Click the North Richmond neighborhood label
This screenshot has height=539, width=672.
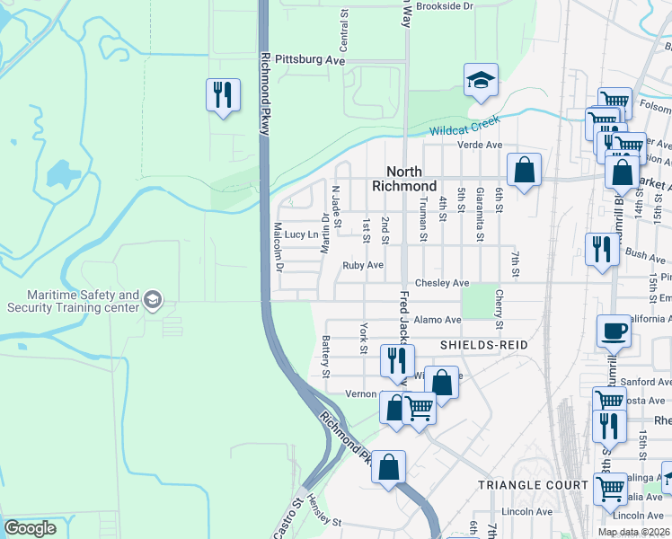click(411, 178)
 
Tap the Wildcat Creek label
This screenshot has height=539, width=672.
click(464, 130)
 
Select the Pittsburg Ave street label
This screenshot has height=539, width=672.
click(310, 59)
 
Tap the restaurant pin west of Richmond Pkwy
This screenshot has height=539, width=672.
click(222, 94)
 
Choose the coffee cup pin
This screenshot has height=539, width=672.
click(615, 331)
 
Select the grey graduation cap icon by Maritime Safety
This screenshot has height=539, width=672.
click(153, 300)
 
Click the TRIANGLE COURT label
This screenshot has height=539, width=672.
click(521, 484)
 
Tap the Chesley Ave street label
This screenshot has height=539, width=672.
click(447, 283)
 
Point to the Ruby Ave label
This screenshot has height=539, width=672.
click(363, 266)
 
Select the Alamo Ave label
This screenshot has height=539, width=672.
click(438, 319)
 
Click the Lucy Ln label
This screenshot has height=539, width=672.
click(301, 234)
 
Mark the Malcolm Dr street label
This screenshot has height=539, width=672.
click(278, 247)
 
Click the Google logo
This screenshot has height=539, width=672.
click(30, 528)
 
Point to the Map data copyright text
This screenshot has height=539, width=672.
click(633, 532)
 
